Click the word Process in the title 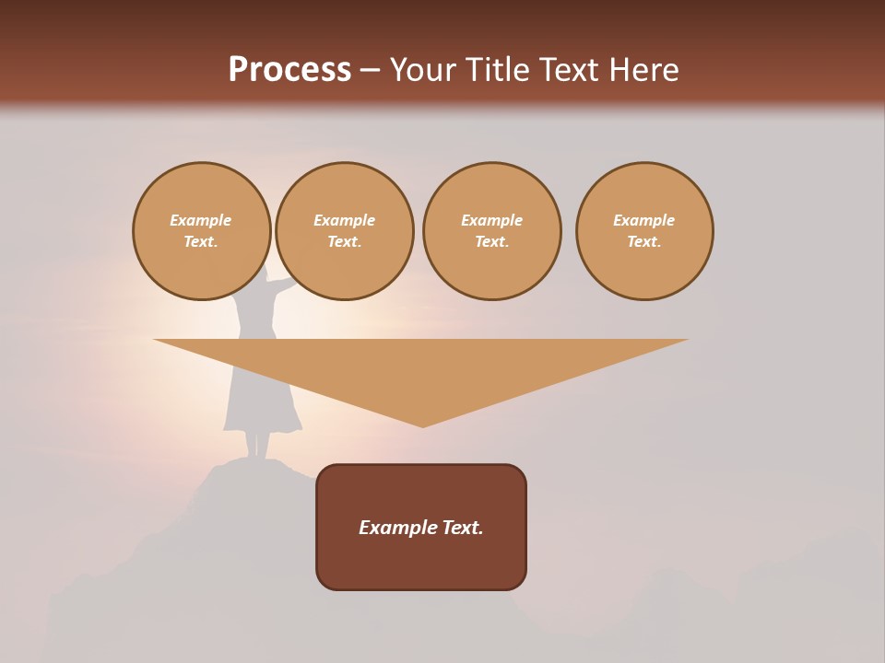(x=289, y=69)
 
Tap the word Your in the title (x=425, y=70)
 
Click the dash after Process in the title (x=370, y=71)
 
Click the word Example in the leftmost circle (x=201, y=220)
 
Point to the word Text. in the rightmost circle (x=644, y=242)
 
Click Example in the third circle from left (x=492, y=220)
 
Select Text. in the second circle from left (x=345, y=242)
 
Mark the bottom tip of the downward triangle (x=423, y=425)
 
